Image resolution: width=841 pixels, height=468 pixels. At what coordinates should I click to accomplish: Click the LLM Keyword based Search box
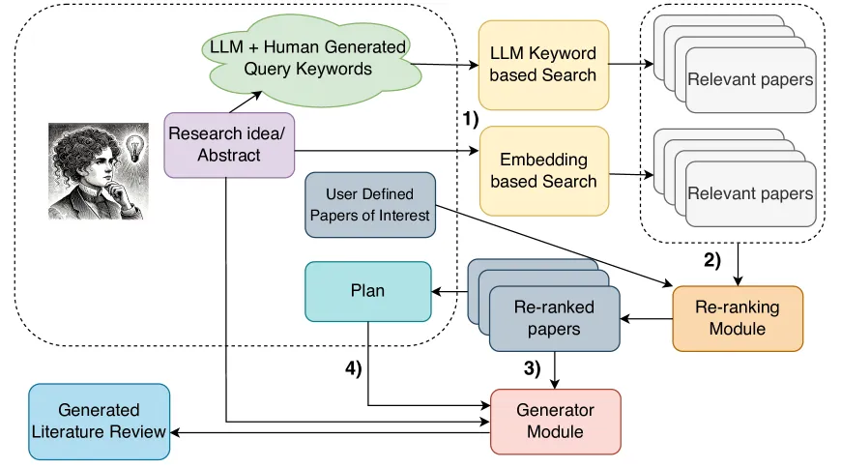542,64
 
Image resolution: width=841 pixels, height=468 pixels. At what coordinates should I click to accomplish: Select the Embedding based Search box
542,170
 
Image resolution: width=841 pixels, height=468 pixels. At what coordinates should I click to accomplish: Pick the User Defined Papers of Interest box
369,204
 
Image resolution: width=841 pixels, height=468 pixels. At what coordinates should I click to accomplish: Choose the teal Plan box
367,290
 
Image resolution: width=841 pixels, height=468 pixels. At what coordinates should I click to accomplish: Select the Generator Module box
555,421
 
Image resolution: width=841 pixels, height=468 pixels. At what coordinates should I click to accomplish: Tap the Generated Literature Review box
99,421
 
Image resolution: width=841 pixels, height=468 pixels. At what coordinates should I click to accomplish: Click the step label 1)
468,119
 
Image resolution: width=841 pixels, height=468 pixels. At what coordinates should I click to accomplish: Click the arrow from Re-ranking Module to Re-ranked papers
646,318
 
